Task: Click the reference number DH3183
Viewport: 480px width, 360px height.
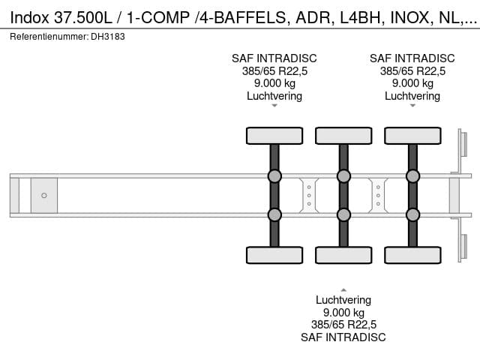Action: (x=108, y=37)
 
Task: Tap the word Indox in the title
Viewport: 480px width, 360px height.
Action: (x=30, y=18)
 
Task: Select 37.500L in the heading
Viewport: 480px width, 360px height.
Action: (x=83, y=18)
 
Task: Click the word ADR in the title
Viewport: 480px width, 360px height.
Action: (x=313, y=18)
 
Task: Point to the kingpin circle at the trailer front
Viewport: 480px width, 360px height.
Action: (x=44, y=195)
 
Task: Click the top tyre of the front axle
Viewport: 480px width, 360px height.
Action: (x=274, y=136)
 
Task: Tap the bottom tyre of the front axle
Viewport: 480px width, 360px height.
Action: (x=274, y=255)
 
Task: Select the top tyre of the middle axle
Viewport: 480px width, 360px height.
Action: (x=343, y=136)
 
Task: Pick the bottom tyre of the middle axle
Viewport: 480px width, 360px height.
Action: (x=343, y=255)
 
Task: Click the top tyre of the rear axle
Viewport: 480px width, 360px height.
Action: (x=412, y=136)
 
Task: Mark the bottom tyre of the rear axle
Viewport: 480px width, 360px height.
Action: (x=412, y=255)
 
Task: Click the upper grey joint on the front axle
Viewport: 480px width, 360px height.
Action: (x=274, y=176)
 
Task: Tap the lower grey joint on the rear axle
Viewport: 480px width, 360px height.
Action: (x=412, y=215)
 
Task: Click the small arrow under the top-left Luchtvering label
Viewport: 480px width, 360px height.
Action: (x=274, y=106)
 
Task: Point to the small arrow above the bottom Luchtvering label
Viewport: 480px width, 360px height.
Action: (x=343, y=290)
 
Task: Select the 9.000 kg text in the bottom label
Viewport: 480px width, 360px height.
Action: (x=343, y=313)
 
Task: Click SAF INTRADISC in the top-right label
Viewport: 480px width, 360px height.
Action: (x=412, y=58)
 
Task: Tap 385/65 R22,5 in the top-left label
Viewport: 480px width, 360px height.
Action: (x=274, y=71)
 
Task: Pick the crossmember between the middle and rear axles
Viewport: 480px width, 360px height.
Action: (x=378, y=195)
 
